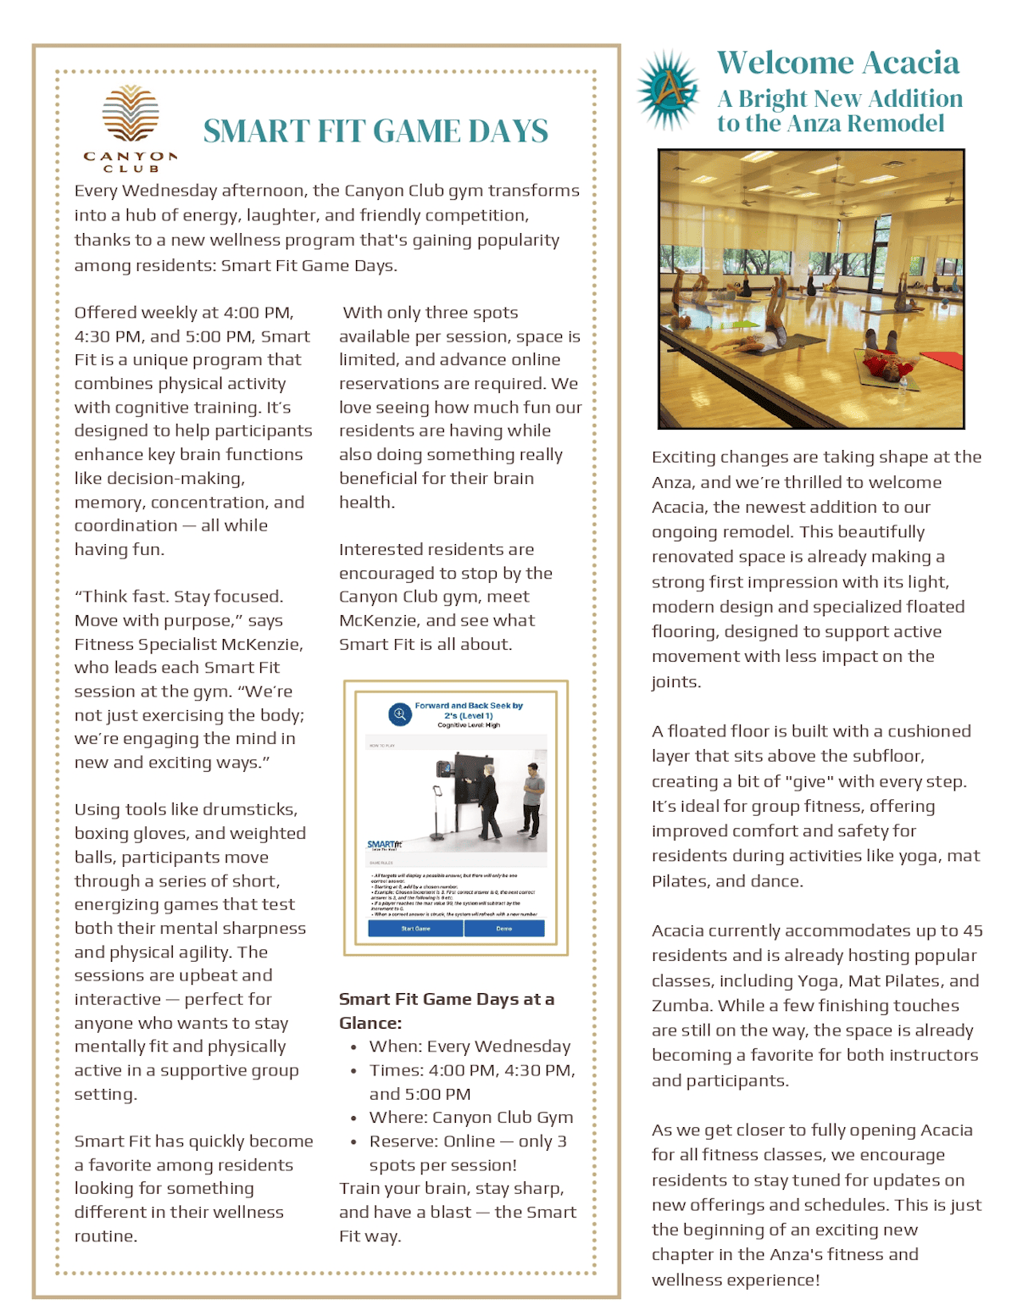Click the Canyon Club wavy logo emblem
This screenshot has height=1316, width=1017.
tap(131, 114)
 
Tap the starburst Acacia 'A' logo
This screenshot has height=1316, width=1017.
tap(670, 89)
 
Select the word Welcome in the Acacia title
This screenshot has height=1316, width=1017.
tap(785, 63)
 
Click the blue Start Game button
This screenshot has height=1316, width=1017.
tap(415, 928)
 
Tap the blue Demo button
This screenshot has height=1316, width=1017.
tap(504, 928)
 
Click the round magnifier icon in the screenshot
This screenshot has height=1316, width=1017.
tap(399, 714)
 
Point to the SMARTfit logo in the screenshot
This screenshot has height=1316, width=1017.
tap(384, 845)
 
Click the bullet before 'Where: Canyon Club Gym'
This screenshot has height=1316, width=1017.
tap(353, 1119)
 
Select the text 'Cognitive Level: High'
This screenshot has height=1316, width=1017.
tap(469, 725)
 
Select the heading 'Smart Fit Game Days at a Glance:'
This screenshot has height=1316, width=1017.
tap(447, 1011)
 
